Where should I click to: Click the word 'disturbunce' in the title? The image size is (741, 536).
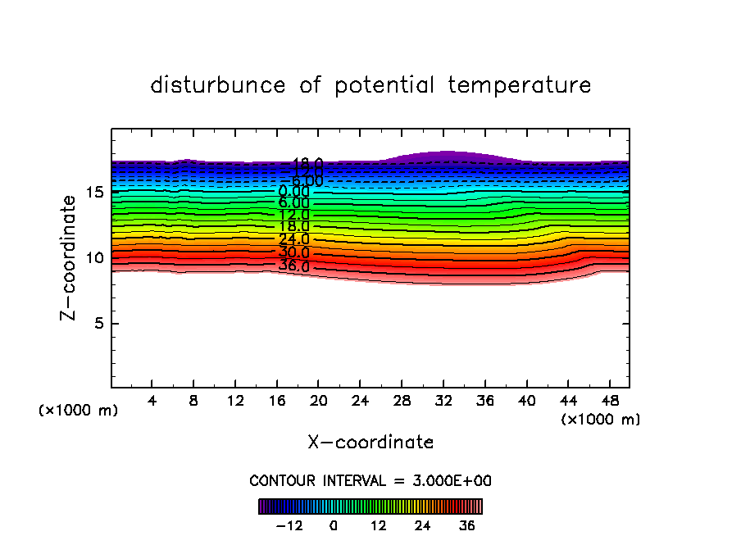(x=218, y=85)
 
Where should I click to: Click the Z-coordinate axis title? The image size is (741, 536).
(x=70, y=257)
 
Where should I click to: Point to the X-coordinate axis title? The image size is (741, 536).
(x=370, y=443)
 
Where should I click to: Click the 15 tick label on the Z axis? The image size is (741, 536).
(x=94, y=193)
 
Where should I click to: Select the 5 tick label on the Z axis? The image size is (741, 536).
(x=99, y=324)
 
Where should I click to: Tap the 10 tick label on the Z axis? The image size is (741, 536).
(x=94, y=258)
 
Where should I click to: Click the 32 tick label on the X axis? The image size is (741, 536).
(x=443, y=402)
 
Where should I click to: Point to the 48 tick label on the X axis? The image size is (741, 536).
(x=610, y=402)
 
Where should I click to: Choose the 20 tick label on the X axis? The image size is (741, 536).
(x=319, y=402)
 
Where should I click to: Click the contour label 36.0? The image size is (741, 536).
(x=293, y=266)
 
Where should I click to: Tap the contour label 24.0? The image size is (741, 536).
(x=293, y=240)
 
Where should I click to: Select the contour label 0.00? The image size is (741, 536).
(x=293, y=192)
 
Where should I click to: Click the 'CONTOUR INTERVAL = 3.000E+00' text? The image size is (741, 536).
(x=370, y=480)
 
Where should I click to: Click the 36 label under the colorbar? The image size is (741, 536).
(x=467, y=526)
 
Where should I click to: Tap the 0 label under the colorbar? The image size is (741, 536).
(x=334, y=526)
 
